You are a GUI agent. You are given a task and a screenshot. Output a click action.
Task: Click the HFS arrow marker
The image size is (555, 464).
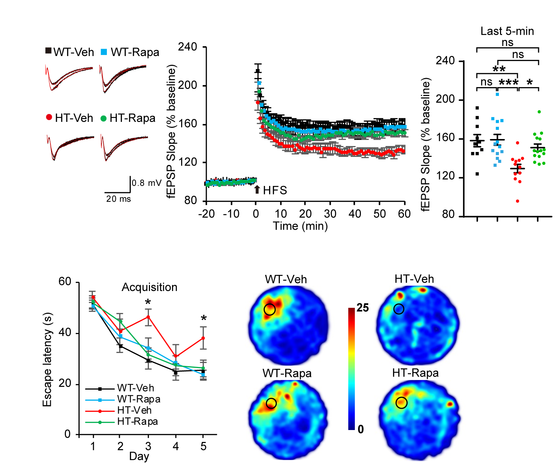pos(257,189)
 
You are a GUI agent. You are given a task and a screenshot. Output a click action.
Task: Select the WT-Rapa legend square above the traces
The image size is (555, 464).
pos(104,52)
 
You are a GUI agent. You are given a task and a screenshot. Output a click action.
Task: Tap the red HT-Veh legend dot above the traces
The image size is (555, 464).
pos(49,117)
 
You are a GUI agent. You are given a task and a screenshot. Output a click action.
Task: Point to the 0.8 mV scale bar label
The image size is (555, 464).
pos(146,183)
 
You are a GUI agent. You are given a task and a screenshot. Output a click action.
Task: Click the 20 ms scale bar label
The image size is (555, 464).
pos(118,199)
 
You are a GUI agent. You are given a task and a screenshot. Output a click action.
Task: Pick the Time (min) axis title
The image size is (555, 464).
pos(300,226)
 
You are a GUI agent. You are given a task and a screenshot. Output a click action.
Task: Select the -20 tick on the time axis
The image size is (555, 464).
pos(206,214)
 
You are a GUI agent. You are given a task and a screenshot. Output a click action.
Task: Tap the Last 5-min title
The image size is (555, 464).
pos(507,31)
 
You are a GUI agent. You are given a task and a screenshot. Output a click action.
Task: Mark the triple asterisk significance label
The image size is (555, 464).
pos(508,83)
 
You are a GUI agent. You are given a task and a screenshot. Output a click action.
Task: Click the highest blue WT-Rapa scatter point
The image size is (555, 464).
pos(497,94)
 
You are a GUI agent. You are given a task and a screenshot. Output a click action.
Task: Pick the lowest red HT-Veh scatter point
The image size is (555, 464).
pos(518,201)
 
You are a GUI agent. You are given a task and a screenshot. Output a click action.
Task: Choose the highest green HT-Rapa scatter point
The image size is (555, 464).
pos(539,112)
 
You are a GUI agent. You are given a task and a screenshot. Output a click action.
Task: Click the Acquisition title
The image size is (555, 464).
pos(149,287)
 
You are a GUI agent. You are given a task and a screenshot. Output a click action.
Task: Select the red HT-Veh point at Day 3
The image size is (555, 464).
pos(148,317)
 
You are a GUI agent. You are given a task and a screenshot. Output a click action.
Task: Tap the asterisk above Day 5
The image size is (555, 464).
pos(204,318)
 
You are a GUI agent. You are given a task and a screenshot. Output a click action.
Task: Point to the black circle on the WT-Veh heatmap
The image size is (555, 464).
pos(269,309)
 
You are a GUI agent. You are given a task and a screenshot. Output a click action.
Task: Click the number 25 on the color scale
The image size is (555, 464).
pos(363,308)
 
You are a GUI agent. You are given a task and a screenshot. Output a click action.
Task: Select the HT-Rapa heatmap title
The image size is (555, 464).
pos(415,373)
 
